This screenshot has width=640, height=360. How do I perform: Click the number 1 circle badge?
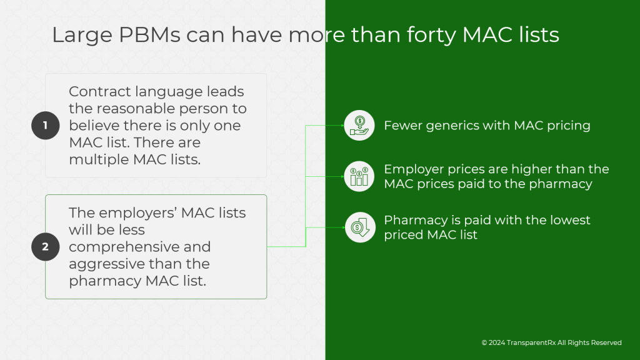click(x=45, y=126)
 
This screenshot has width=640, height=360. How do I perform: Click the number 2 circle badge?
click(x=45, y=247)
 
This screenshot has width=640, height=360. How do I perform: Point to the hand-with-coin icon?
click(x=359, y=125)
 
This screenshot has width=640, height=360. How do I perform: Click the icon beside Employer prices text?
click(x=359, y=176)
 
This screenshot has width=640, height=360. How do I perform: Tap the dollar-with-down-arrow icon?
click(x=359, y=227)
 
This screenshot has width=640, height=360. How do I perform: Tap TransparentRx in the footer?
click(x=532, y=342)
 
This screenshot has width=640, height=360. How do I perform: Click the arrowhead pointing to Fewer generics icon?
click(x=341, y=125)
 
